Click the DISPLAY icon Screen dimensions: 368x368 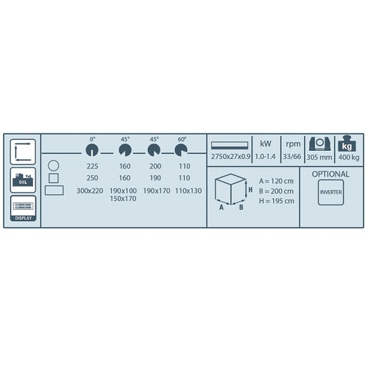pos(23,208)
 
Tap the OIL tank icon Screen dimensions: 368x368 pos(23,180)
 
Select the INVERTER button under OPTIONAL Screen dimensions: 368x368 pos(330,192)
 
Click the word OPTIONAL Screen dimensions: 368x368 pos(330,174)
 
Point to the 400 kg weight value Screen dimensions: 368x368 pos(349,158)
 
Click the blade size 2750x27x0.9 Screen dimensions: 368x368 pos(230,157)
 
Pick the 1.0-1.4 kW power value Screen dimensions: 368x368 pos(265,157)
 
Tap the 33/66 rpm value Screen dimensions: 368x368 pos(292,157)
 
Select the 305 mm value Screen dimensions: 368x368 pos(319,158)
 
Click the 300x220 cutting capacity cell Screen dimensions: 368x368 pos(90,191)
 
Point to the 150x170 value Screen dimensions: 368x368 pos(123,199)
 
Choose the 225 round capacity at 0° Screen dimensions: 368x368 pos(92,166)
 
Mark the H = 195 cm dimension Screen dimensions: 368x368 pos(277,201)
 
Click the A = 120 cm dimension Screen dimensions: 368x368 pos(276,181)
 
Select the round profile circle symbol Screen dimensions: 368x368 pos(54,166)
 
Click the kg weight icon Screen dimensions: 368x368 pos(347,144)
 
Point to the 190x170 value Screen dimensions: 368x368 pos(157,191)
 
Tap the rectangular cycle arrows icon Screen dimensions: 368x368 pos(23,152)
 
